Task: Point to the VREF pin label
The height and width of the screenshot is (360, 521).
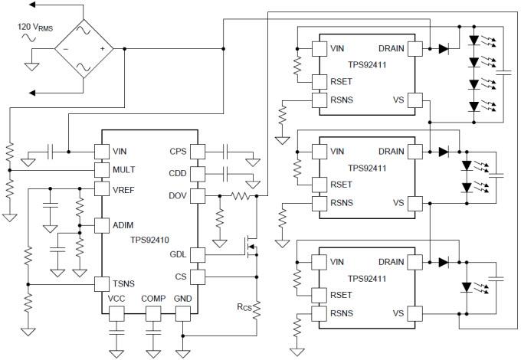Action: [x=124, y=188]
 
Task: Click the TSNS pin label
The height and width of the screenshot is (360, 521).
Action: [x=124, y=283]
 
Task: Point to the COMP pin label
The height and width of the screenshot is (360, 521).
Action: [x=153, y=299]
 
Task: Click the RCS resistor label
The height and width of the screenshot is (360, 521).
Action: [x=244, y=307]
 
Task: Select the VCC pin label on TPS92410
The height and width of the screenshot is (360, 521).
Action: [x=116, y=299]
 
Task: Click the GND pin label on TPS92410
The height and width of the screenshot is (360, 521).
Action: [x=183, y=299]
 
